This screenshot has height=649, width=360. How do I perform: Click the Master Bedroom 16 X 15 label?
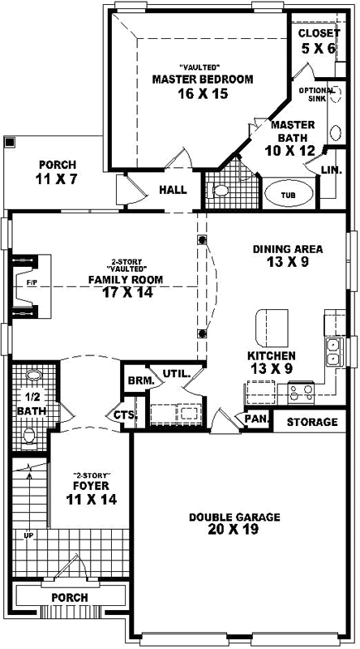click(202, 86)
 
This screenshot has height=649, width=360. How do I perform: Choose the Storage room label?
click(312, 422)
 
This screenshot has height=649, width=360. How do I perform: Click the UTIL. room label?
click(176, 374)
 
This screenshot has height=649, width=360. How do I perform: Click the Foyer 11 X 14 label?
click(90, 492)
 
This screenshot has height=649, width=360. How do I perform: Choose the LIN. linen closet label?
click(330, 170)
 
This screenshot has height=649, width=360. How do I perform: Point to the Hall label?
click(173, 190)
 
